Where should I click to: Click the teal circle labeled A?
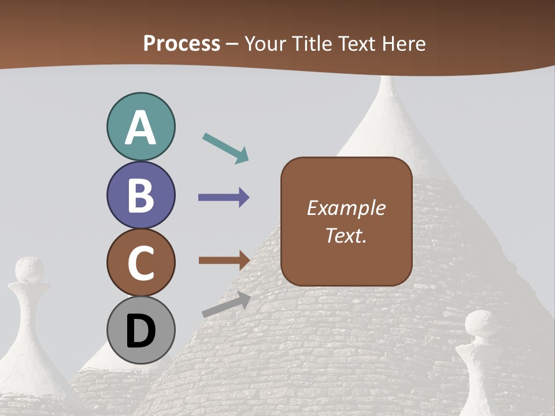pyautogui.click(x=140, y=127)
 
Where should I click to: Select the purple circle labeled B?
pyautogui.click(x=140, y=195)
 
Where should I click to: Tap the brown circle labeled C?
pyautogui.click(x=140, y=263)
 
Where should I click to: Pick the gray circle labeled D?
pyautogui.click(x=140, y=330)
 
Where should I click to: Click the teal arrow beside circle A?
pyautogui.click(x=225, y=148)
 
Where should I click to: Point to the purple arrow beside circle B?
pyautogui.click(x=224, y=198)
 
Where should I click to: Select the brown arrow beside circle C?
pyautogui.click(x=224, y=260)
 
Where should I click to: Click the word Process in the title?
pyautogui.click(x=182, y=43)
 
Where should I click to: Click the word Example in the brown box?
pyautogui.click(x=346, y=208)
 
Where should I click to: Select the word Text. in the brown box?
pyautogui.click(x=346, y=236)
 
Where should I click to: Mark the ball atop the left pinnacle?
pyautogui.click(x=29, y=269)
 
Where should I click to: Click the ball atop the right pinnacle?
pyautogui.click(x=480, y=323)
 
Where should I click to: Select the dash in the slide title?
pyautogui.click(x=232, y=44)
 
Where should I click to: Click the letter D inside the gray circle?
pyautogui.click(x=140, y=332)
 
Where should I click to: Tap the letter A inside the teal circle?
pyautogui.click(x=140, y=128)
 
